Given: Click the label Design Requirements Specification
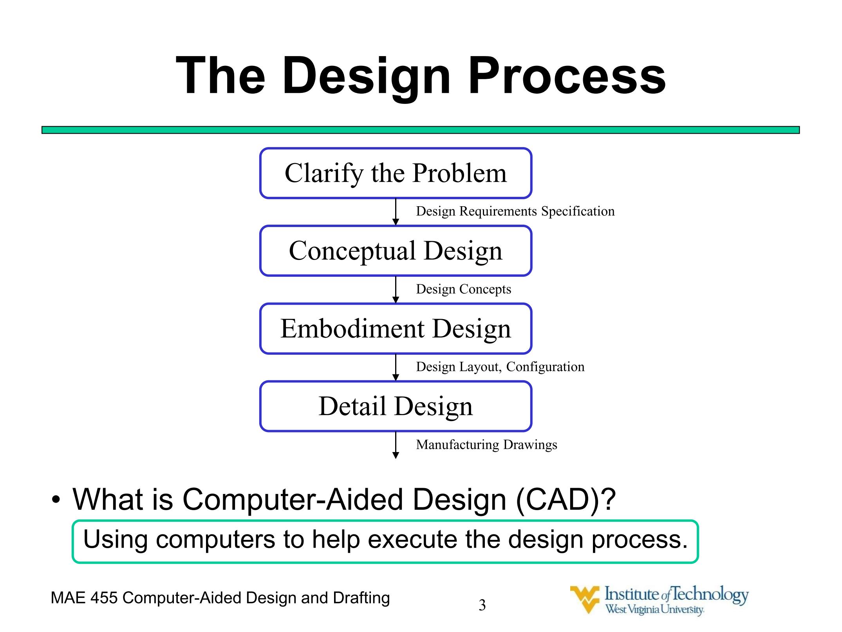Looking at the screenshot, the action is coord(515,212).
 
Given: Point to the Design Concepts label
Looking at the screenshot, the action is coord(463,289).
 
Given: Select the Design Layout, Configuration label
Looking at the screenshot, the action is coord(500,367).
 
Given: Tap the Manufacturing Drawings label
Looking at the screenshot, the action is coord(486,445).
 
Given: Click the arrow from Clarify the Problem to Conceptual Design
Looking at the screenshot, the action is coord(396,212).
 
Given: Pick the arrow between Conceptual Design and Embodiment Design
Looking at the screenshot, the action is coord(396,290).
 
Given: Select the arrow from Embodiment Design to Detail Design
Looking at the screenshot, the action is coord(396,367).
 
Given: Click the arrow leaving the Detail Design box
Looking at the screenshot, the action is coord(396,445).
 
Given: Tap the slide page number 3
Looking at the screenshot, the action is coord(482,605).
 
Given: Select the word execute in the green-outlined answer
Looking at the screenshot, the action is coord(412,539).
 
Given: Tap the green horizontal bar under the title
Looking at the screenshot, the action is coord(421,130).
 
